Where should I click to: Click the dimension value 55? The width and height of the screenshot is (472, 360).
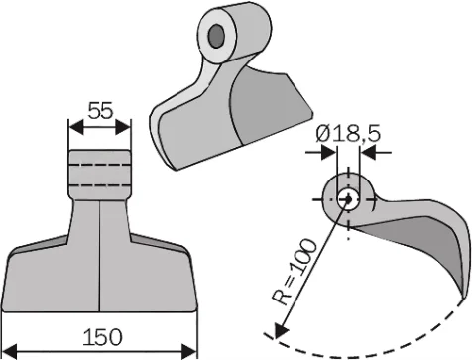99,111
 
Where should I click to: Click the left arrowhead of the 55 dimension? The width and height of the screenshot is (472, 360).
72,126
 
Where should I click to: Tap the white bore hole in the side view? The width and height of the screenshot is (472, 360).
347,199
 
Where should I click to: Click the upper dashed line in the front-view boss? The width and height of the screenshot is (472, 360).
99,166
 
